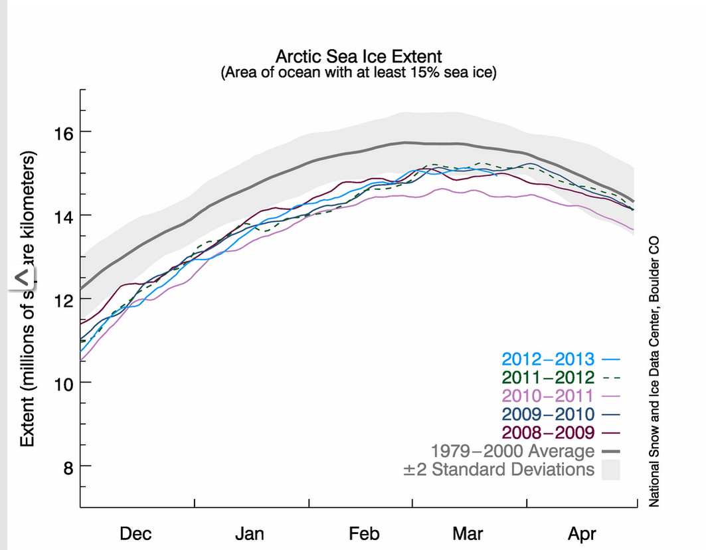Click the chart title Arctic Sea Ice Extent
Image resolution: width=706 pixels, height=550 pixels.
pos(359,56)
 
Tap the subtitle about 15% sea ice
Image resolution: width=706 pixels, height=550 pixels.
pos(359,72)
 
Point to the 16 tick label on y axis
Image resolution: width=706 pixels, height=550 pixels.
pos(64,134)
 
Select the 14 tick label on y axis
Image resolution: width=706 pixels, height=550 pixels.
pos(64,217)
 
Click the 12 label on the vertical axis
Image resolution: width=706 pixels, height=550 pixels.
pos(64,301)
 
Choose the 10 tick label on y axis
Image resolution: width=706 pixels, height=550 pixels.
pos(64,385)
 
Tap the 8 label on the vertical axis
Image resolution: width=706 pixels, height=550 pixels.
pos(68,468)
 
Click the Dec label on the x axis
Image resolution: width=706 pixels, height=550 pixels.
pos(135,534)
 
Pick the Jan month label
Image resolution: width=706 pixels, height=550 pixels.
pos(250,534)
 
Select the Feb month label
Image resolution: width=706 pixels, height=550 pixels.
pos(364,534)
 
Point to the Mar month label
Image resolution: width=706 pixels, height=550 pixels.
pos(468,534)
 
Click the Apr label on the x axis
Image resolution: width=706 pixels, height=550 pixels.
pos(582,534)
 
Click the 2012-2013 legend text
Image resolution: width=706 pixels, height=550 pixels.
pos(548,359)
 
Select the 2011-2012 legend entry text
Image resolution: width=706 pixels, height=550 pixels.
pos(548,377)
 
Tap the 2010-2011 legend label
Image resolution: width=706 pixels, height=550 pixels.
pos(548,396)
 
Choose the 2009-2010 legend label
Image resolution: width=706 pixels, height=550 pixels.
pos(548,414)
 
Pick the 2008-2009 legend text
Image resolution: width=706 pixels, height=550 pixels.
pos(548,433)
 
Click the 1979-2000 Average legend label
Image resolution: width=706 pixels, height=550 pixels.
pos(513,451)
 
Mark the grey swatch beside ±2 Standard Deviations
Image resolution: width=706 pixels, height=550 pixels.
pos(610,470)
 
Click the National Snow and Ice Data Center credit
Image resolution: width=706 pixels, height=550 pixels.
pos(654,371)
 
